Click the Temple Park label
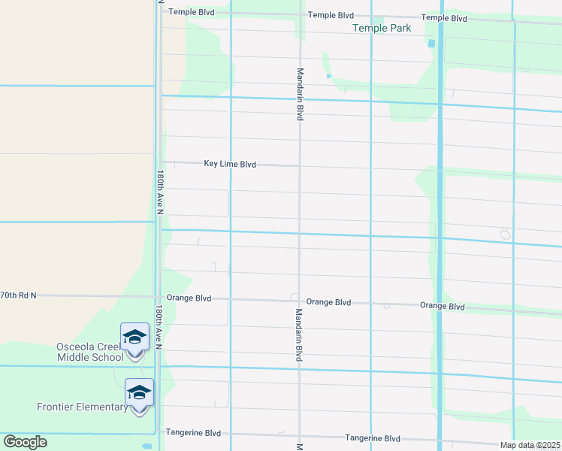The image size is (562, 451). [x=382, y=29]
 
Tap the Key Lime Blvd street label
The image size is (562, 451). [x=230, y=164]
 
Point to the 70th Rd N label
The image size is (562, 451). [x=18, y=296]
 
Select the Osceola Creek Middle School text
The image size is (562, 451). [x=89, y=351]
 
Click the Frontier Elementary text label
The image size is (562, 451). [x=83, y=407]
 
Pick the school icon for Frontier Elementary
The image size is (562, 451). [x=139, y=392]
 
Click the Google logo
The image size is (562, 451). [x=25, y=441]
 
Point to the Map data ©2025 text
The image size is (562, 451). [x=530, y=445]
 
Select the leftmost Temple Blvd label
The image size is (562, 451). [x=192, y=12]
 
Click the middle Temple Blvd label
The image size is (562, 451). [x=331, y=15]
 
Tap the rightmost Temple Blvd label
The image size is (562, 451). [x=444, y=18]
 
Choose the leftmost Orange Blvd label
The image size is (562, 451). [x=189, y=298]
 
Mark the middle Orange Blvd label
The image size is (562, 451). [x=329, y=302]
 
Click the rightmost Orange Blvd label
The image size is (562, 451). [x=443, y=306]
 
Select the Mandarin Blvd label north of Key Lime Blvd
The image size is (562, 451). [x=300, y=94]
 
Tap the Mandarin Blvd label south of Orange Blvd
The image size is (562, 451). [x=298, y=334]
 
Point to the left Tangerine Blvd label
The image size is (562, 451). [x=193, y=433]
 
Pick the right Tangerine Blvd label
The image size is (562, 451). [x=373, y=438]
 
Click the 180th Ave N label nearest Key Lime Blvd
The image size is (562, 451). [x=160, y=192]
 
